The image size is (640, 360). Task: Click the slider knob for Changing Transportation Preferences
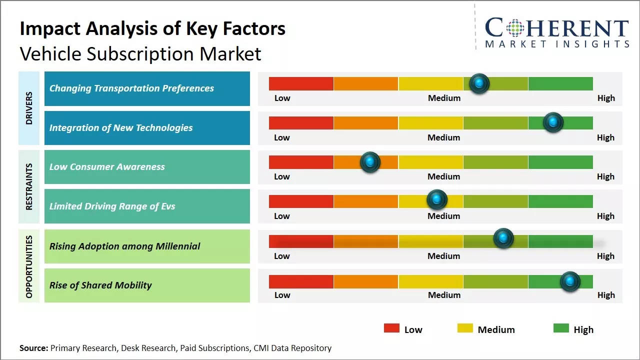coord(479,83)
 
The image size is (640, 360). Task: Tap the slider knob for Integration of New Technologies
coord(553,122)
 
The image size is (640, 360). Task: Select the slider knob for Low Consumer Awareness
coord(370,162)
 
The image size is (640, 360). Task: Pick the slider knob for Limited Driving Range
coord(437,200)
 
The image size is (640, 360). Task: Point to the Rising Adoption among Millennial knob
coord(503,238)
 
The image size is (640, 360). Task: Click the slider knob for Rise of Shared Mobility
coord(570,281)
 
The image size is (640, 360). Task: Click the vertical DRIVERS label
coord(29,108)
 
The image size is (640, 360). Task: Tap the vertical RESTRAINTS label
coord(29,186)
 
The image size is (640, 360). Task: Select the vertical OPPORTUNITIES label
coord(29,266)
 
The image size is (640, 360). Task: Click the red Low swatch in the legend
coord(391,328)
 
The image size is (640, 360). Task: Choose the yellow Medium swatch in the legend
coord(465,328)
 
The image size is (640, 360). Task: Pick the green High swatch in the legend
coord(561,328)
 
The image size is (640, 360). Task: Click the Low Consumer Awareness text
coord(107,167)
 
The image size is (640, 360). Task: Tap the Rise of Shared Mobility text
coord(100,285)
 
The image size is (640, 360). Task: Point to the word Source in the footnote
coord(33,348)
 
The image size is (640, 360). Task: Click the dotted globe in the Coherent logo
coord(515,28)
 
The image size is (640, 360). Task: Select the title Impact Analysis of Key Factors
coord(152,28)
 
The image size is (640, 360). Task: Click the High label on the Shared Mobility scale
coord(606,295)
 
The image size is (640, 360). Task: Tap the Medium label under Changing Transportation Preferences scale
coord(444,98)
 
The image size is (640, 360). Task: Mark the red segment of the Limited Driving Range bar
coord(301,201)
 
